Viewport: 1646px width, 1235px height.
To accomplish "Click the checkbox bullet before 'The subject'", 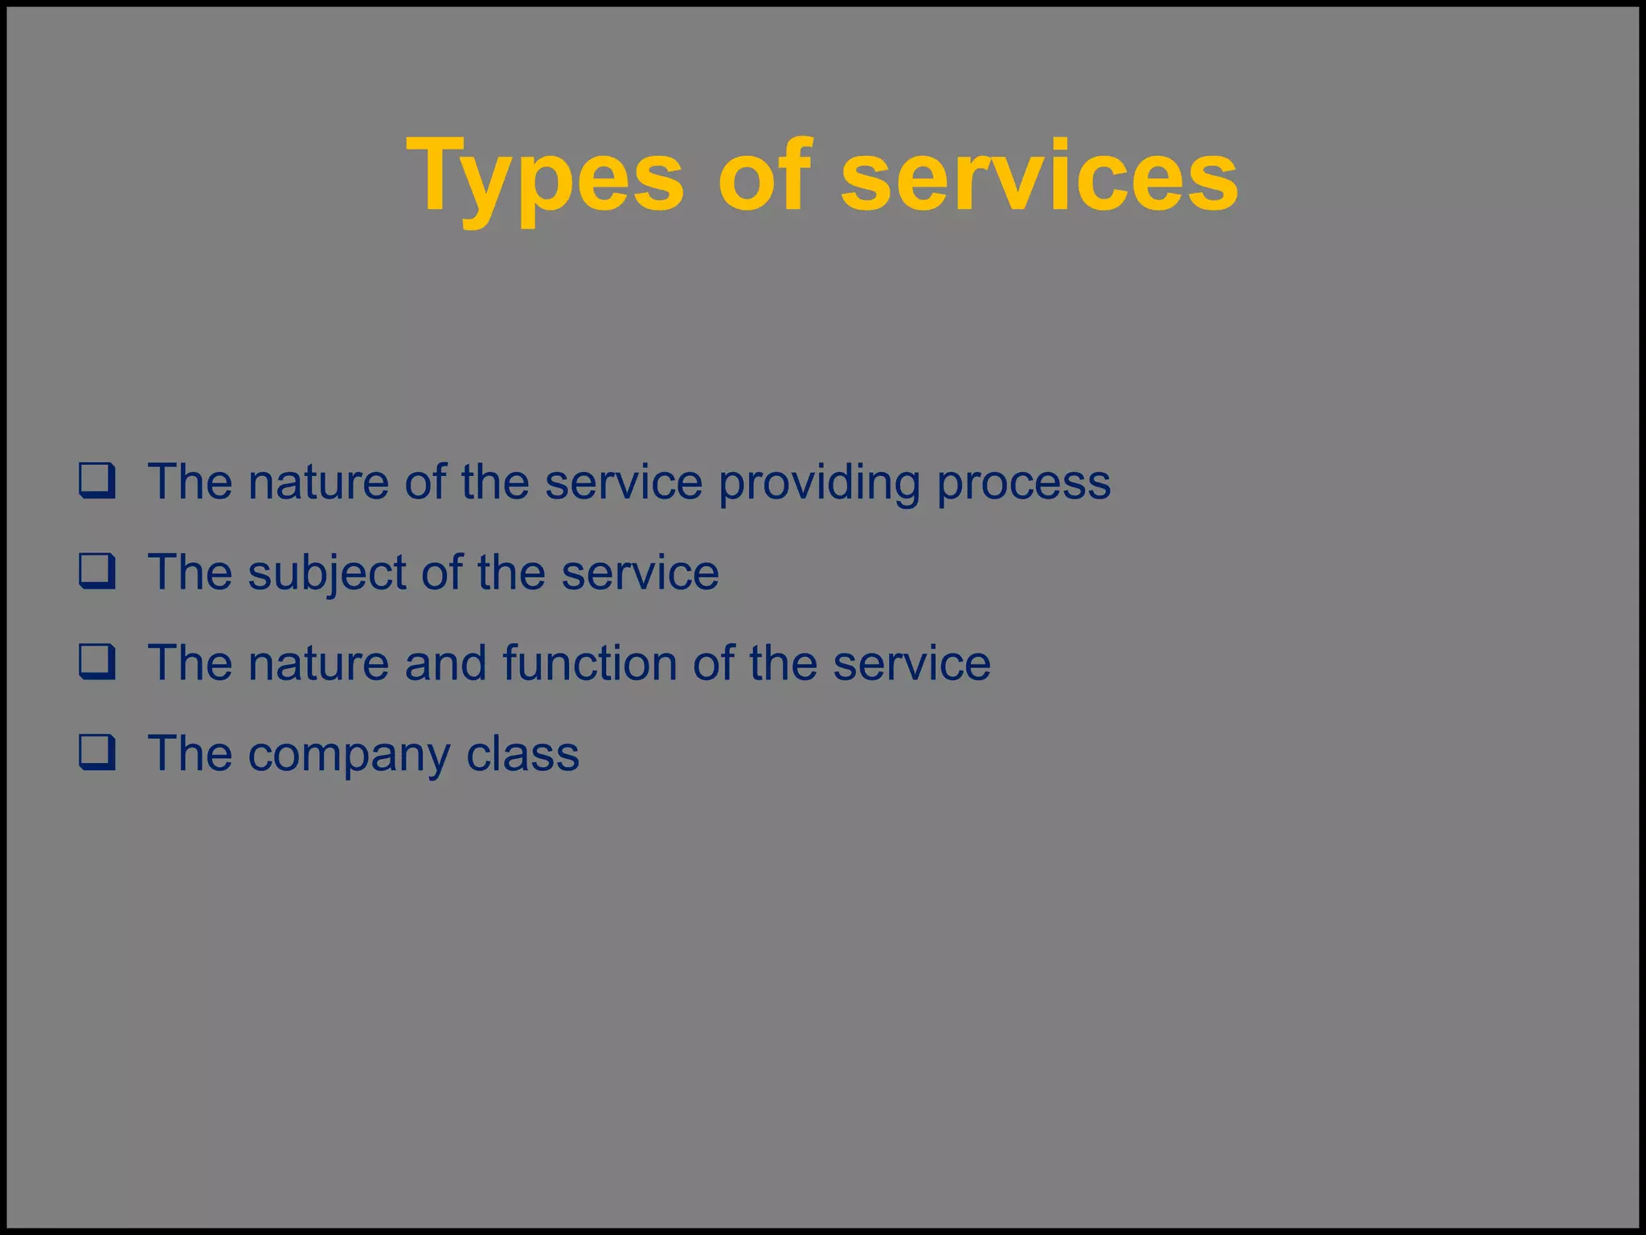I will click(x=97, y=572).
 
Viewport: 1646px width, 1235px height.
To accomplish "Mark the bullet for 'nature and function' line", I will click(x=97, y=663).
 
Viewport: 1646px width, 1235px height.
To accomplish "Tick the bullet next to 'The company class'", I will click(x=97, y=753).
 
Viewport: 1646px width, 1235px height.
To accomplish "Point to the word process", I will click(x=1023, y=483).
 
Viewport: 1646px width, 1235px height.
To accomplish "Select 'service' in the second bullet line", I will click(x=640, y=573).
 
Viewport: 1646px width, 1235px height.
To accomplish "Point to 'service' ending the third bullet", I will click(x=911, y=664).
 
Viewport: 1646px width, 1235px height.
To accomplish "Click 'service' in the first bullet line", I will click(x=624, y=483).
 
